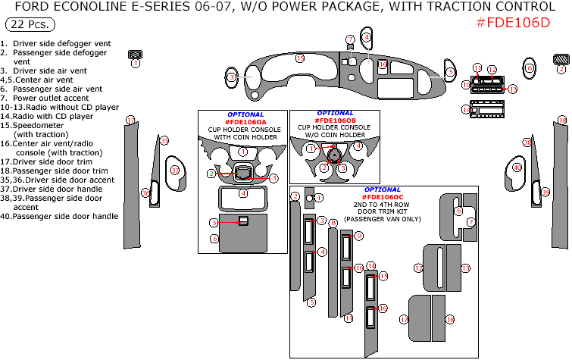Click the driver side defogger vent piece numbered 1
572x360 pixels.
pyautogui.click(x=136, y=54)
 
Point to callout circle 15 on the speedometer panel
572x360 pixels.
pyautogui.click(x=300, y=58)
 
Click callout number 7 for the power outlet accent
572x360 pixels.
pyautogui.click(x=350, y=39)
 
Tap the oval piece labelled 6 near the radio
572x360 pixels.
pyautogui.click(x=450, y=72)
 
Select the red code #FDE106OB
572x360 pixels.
pyautogui.click(x=335, y=121)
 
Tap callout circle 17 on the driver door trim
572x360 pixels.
pyautogui.click(x=130, y=120)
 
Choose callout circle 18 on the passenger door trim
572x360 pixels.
pyautogui.click(x=562, y=120)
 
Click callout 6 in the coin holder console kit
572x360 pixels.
pyautogui.click(x=215, y=238)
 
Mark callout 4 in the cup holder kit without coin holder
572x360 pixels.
pyautogui.click(x=358, y=146)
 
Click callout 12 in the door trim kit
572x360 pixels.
pyautogui.click(x=417, y=268)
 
